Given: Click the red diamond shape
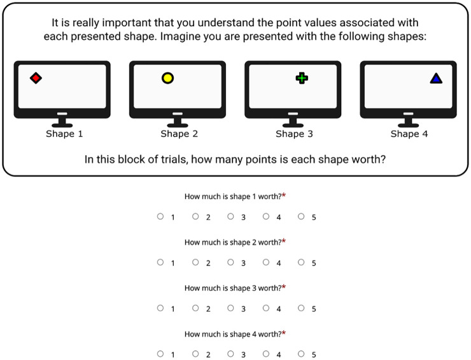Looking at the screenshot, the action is point(36,78).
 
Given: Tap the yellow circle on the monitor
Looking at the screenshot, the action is point(167,78).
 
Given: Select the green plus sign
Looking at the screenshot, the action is point(302,78).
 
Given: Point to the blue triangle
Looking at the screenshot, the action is point(436,78).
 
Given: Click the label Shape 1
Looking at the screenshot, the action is point(64,134).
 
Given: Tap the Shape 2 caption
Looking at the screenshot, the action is point(179,134).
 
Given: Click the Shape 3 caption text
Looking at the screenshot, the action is point(294,134).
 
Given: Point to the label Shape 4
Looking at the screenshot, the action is point(409,134).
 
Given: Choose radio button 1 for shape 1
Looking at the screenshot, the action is point(160,216).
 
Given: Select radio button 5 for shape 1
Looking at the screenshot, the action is point(301,216).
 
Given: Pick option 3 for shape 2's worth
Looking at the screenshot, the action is point(230,263).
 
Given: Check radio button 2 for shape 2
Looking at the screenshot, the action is point(195,263).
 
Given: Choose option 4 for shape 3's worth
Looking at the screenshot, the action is point(266,308).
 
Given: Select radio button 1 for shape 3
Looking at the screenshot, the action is point(160,308).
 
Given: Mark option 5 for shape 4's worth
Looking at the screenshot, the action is point(301,354).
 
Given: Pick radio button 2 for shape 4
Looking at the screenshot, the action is point(195,354).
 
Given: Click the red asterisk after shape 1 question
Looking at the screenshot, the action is point(284,195).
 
